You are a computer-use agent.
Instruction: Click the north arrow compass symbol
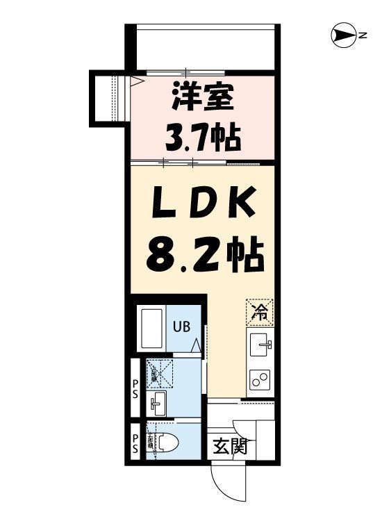(x=343, y=35)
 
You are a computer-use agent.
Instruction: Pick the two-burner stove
(x=260, y=379)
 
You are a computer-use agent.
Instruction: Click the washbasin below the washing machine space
(x=158, y=401)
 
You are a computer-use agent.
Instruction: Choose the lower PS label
(x=135, y=443)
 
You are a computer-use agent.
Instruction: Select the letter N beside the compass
(x=363, y=35)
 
